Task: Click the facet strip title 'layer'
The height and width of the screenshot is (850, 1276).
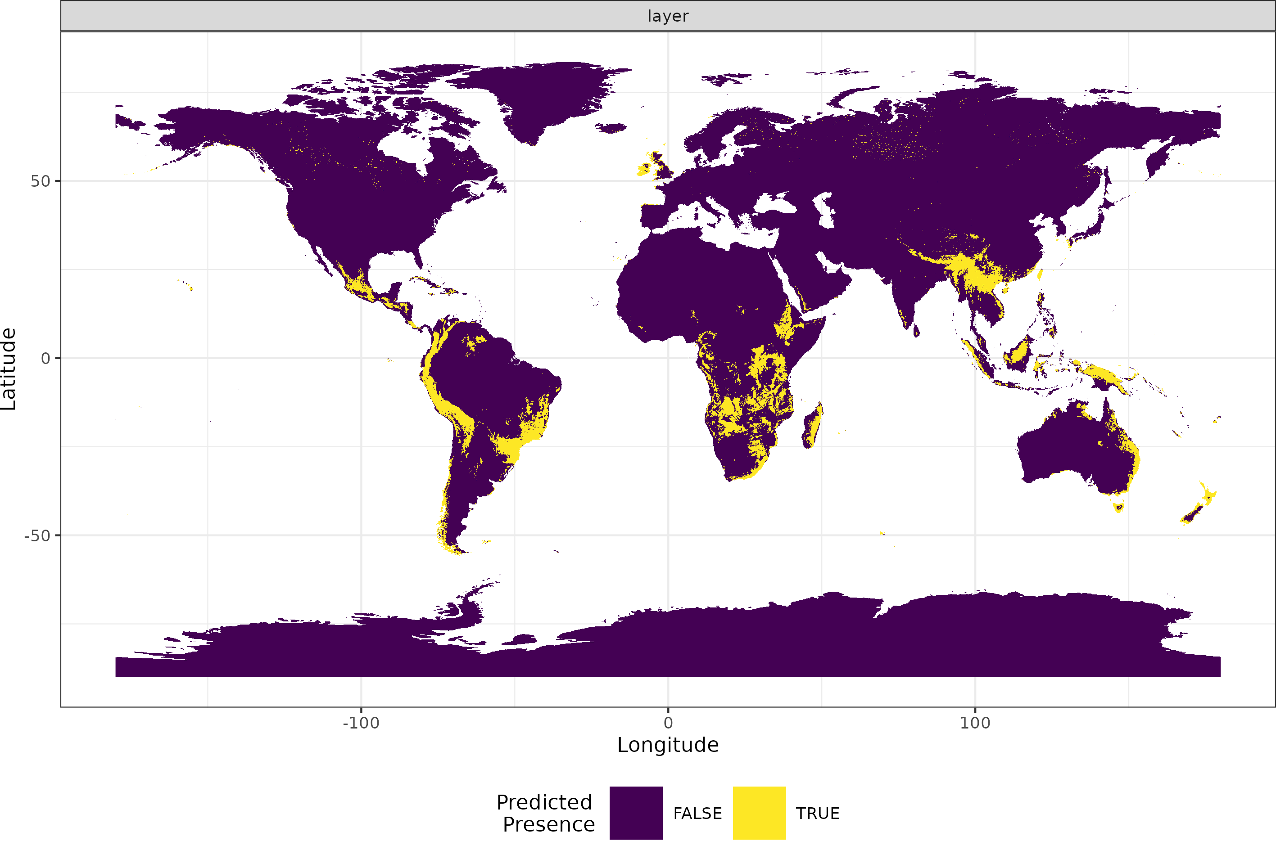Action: (x=668, y=16)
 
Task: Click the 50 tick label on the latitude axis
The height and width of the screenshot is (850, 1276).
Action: (x=40, y=181)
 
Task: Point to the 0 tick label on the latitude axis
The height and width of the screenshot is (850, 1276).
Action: (x=45, y=358)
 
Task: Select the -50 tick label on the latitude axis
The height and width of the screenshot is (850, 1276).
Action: (x=37, y=535)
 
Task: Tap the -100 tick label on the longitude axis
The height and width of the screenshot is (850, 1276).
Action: (x=361, y=723)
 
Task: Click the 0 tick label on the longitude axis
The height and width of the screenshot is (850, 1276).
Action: (x=668, y=723)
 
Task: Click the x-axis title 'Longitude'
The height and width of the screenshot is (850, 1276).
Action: (x=668, y=745)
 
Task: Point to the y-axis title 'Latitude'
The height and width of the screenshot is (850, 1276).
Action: (x=9, y=369)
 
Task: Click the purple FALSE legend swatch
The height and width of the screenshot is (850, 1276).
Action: (x=636, y=813)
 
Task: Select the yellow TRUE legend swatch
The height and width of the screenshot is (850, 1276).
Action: (x=759, y=813)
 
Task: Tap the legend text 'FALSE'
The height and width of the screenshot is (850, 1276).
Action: (x=697, y=813)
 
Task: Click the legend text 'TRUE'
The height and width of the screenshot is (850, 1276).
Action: (x=817, y=813)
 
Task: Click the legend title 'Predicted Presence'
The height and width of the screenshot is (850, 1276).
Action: (x=546, y=813)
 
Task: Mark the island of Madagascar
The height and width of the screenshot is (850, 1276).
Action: (x=812, y=426)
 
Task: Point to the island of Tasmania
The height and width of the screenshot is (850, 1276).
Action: (x=1118, y=508)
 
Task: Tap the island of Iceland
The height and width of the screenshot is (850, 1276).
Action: (x=611, y=128)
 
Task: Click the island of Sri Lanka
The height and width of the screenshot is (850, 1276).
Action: (x=916, y=331)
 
